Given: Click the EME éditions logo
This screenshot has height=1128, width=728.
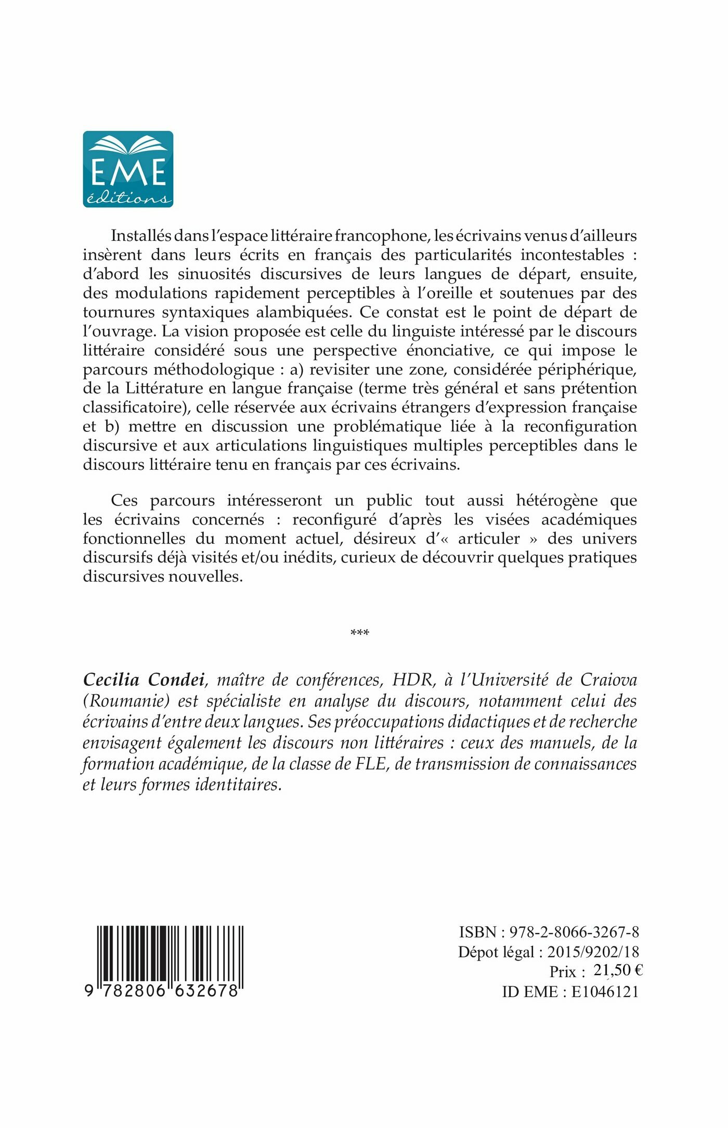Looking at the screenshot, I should [128, 169].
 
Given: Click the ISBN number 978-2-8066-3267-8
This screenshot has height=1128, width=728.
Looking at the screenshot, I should [574, 932].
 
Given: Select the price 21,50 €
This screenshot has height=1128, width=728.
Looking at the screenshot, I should [618, 970].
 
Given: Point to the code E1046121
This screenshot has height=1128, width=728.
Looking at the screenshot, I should [605, 991].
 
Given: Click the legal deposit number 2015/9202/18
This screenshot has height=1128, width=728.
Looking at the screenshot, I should [593, 952].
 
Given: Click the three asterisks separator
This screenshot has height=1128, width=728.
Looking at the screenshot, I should [360, 633].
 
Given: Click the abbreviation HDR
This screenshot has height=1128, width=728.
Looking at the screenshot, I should [412, 680].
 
